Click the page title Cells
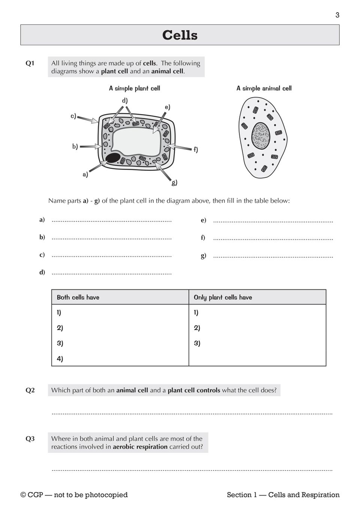(x=180, y=35)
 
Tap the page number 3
(x=337, y=15)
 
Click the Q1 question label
(x=30, y=63)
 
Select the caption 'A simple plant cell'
(x=134, y=88)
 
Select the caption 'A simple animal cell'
(x=264, y=88)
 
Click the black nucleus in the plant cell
(x=113, y=158)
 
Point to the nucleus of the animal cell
(x=260, y=135)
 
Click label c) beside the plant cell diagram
(x=73, y=116)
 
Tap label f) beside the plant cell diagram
(x=196, y=150)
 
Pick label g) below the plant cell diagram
(x=175, y=183)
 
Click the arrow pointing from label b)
(x=91, y=146)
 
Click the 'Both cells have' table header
(x=78, y=298)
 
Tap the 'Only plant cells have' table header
(x=223, y=298)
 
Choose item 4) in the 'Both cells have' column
(x=60, y=359)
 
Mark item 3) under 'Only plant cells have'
(x=197, y=343)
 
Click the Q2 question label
(x=30, y=390)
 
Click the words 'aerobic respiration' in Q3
(x=140, y=446)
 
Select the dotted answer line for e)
(x=273, y=221)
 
